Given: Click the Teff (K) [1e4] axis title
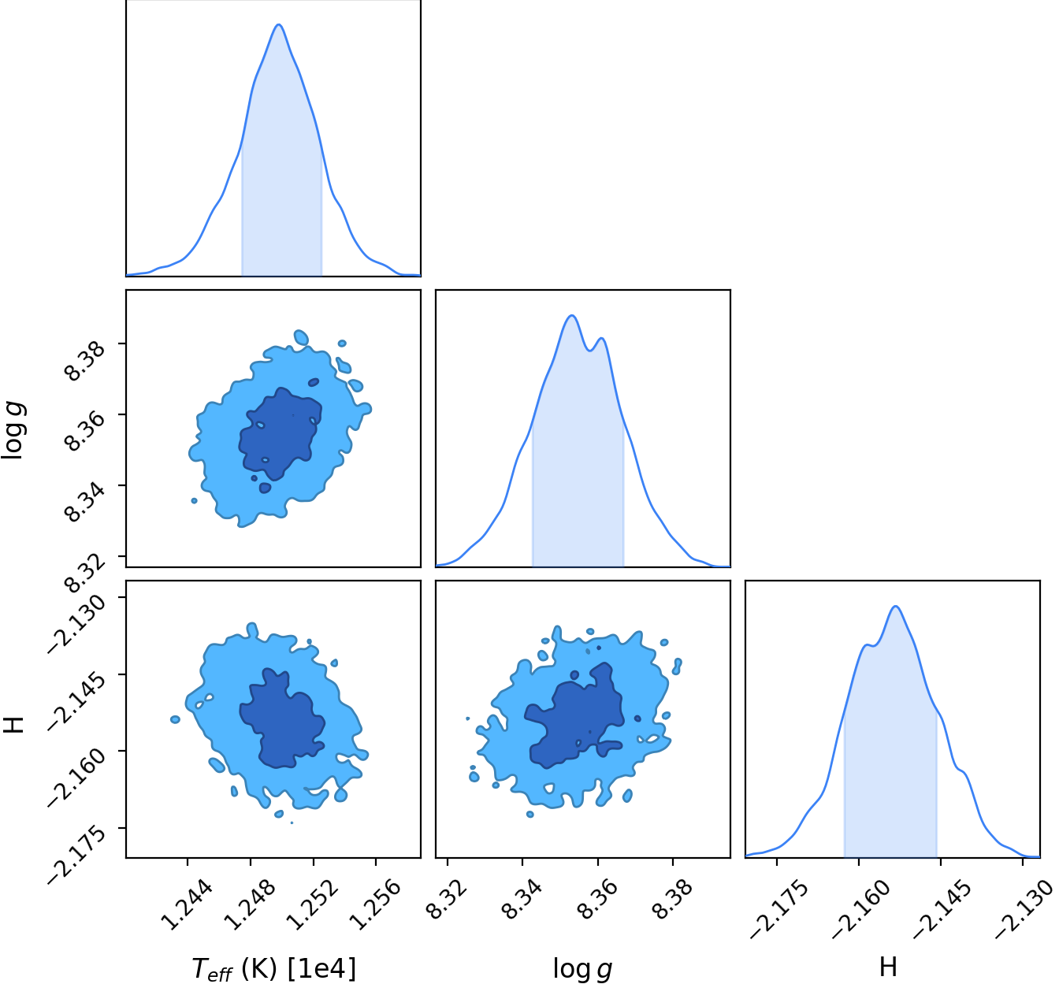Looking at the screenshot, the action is point(273,967).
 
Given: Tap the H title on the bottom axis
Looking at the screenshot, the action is point(888,967).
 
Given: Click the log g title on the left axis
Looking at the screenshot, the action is point(13,430).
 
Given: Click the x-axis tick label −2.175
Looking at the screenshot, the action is point(779,910).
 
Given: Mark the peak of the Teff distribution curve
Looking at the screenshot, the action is point(278,24).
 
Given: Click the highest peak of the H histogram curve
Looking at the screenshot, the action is point(896,607).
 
